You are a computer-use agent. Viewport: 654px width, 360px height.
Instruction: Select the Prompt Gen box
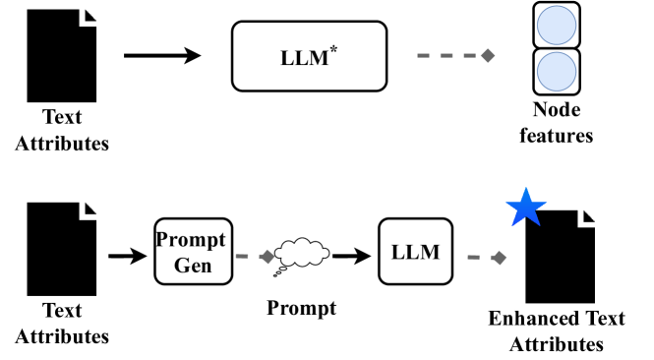click(192, 251)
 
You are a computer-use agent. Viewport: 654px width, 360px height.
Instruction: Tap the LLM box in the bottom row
click(414, 252)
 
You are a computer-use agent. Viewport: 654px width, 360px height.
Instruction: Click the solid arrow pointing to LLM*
click(161, 55)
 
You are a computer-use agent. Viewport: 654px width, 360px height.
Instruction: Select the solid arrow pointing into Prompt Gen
click(126, 257)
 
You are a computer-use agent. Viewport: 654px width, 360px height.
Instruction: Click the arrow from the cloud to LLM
click(350, 257)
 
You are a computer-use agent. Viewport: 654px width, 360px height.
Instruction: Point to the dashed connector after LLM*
click(453, 55)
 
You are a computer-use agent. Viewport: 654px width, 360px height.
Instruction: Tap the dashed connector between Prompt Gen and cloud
click(252, 257)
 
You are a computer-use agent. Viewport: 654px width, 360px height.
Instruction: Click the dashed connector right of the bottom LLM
click(484, 258)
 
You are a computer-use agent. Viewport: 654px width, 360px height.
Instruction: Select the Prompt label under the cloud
click(301, 308)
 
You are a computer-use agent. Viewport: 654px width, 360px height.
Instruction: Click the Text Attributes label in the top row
click(62, 131)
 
